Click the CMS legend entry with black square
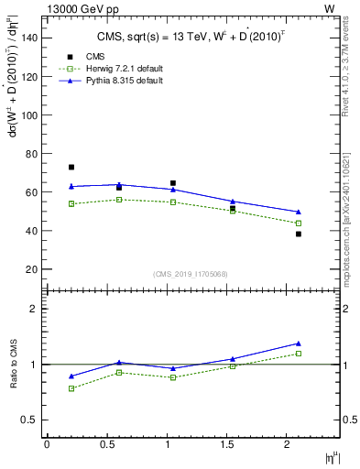coord(93,56)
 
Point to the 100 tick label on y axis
coord(27,115)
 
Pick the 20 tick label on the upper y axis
coord(30,269)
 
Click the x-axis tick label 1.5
coord(167,444)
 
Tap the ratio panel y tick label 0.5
coord(31,420)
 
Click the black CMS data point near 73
coord(71,168)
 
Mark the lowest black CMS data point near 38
coord(298,234)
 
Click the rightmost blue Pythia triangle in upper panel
coord(298,213)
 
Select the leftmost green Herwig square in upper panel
coord(71,203)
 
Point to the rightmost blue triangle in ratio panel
coord(298,344)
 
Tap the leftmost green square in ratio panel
coord(71,388)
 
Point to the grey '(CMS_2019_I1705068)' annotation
coord(191,274)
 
